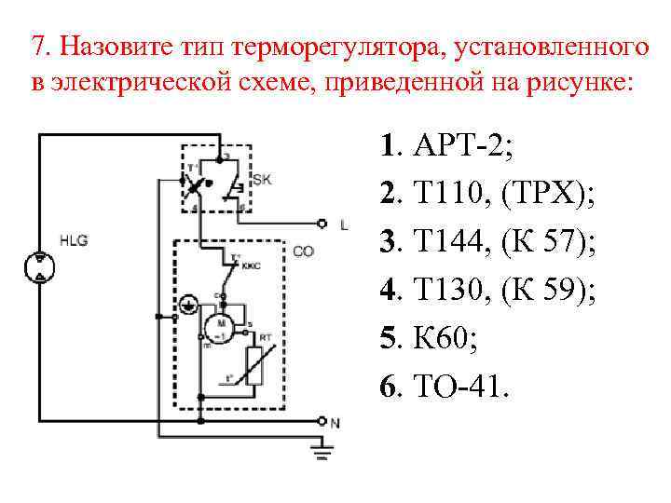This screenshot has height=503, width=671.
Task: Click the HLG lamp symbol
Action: tap(40, 265)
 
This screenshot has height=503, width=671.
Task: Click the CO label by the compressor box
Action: tap(304, 251)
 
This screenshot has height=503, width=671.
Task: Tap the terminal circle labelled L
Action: tap(322, 224)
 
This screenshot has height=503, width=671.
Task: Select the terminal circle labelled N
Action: tap(322, 421)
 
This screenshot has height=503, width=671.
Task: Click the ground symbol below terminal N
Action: tap(322, 452)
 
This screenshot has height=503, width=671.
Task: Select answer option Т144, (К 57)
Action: tap(487, 244)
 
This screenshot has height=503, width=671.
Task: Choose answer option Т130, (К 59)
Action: tap(487, 292)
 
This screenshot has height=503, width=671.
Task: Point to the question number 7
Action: tap(36, 46)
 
